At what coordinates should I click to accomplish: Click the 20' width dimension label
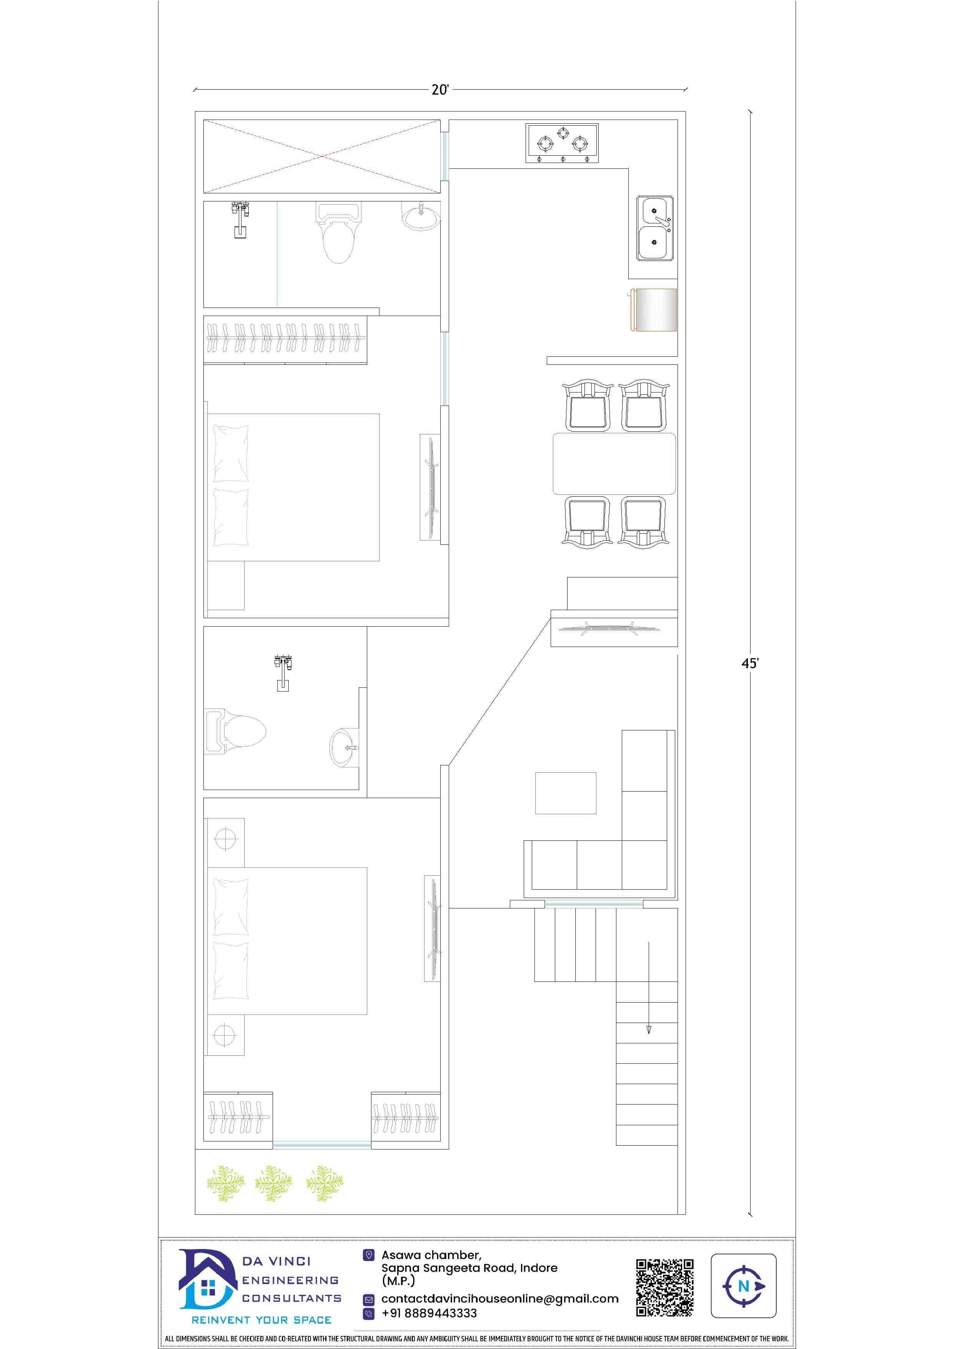click(440, 90)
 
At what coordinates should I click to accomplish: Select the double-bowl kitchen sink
click(655, 229)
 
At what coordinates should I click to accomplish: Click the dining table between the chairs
click(614, 464)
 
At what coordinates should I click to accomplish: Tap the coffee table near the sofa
click(566, 793)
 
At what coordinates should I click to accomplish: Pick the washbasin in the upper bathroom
click(420, 217)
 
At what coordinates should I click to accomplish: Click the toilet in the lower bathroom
click(235, 732)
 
